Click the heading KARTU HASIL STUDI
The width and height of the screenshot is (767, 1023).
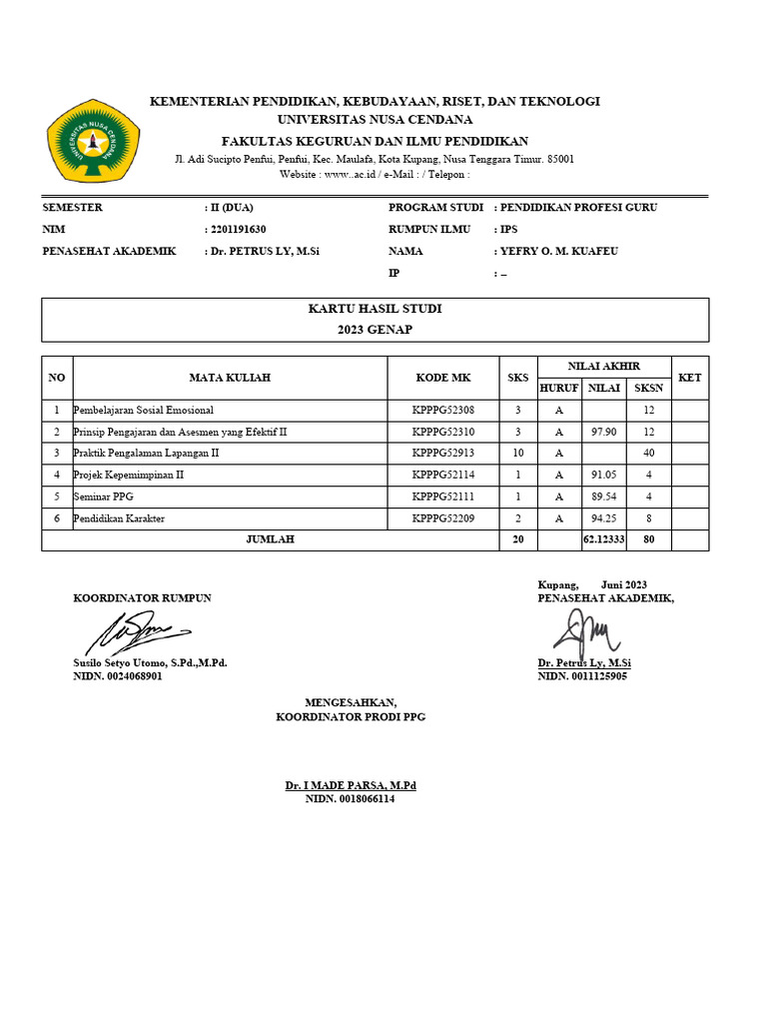(x=375, y=310)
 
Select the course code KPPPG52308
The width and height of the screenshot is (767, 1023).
(x=442, y=411)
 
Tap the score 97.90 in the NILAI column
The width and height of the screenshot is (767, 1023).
(x=603, y=432)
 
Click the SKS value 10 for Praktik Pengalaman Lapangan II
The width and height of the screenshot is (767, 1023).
(x=517, y=454)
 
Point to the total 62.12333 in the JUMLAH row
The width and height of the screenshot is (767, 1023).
(x=603, y=539)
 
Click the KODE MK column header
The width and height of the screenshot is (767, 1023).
(x=442, y=378)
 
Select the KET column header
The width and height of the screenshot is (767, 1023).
(x=689, y=378)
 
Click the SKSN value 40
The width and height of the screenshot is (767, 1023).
(x=648, y=454)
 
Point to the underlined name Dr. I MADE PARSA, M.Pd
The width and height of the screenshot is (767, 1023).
(x=351, y=786)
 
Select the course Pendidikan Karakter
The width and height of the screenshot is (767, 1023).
(x=119, y=518)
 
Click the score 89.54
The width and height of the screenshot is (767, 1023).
(x=603, y=497)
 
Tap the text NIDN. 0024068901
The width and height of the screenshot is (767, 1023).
(x=118, y=676)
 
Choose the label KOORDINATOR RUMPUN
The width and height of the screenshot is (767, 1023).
(x=142, y=598)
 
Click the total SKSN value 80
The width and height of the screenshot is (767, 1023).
(x=648, y=539)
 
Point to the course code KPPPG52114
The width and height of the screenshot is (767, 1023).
(x=442, y=476)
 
